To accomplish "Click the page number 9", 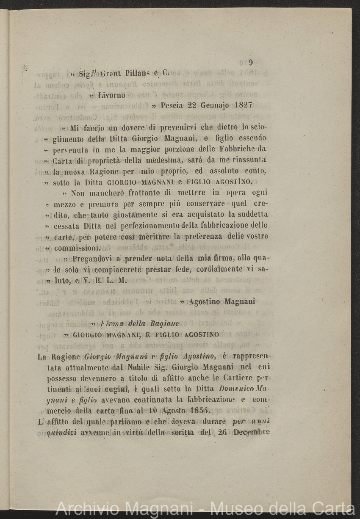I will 251,63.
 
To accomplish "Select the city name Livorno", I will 112,95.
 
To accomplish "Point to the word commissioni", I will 77,248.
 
